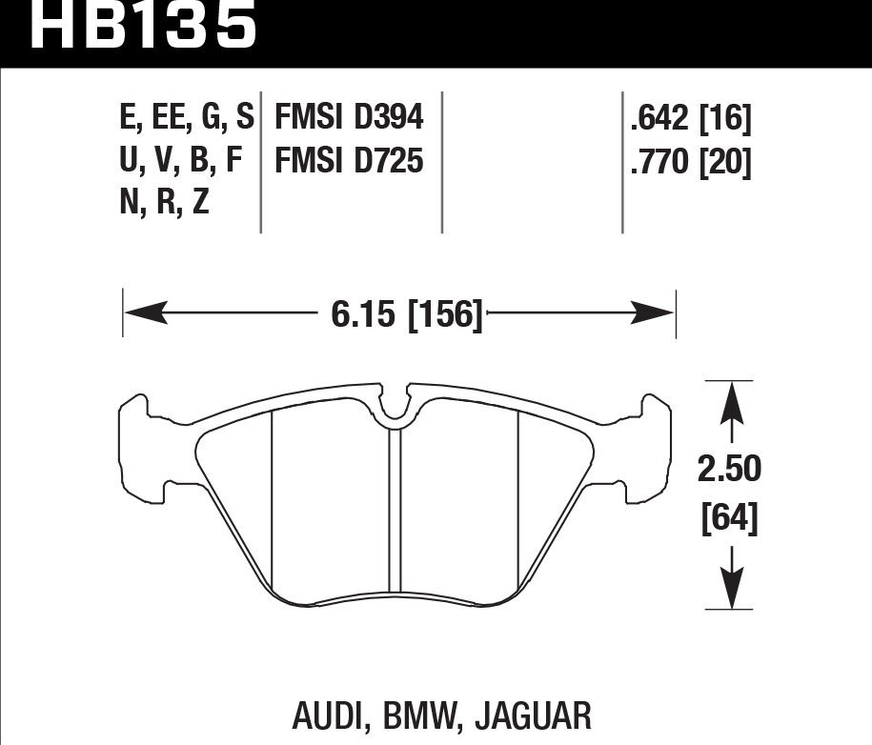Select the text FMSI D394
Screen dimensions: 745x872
[349, 118]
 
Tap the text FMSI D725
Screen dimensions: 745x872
[349, 163]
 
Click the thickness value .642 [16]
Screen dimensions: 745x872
[691, 119]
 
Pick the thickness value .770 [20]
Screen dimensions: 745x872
[691, 164]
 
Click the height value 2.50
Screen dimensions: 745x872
[729, 470]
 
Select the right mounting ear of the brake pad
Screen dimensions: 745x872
[656, 448]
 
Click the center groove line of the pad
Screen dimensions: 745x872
[395, 514]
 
